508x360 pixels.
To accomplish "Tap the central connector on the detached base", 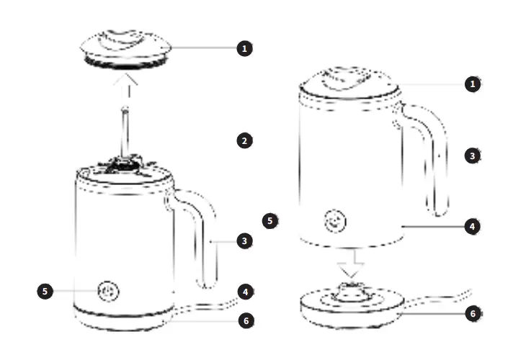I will (351, 290).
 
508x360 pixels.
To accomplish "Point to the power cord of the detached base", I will (447, 298).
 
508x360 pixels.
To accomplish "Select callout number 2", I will (245, 140).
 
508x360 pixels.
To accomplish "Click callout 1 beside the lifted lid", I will (245, 48).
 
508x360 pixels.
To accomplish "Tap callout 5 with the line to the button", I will (45, 291).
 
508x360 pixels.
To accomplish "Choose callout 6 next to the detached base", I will (473, 314).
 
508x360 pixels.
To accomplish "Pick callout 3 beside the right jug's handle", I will (472, 155).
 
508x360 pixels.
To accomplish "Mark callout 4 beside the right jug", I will (472, 225).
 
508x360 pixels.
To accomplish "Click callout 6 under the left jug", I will (246, 319).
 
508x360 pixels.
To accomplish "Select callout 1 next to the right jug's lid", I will (472, 84).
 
